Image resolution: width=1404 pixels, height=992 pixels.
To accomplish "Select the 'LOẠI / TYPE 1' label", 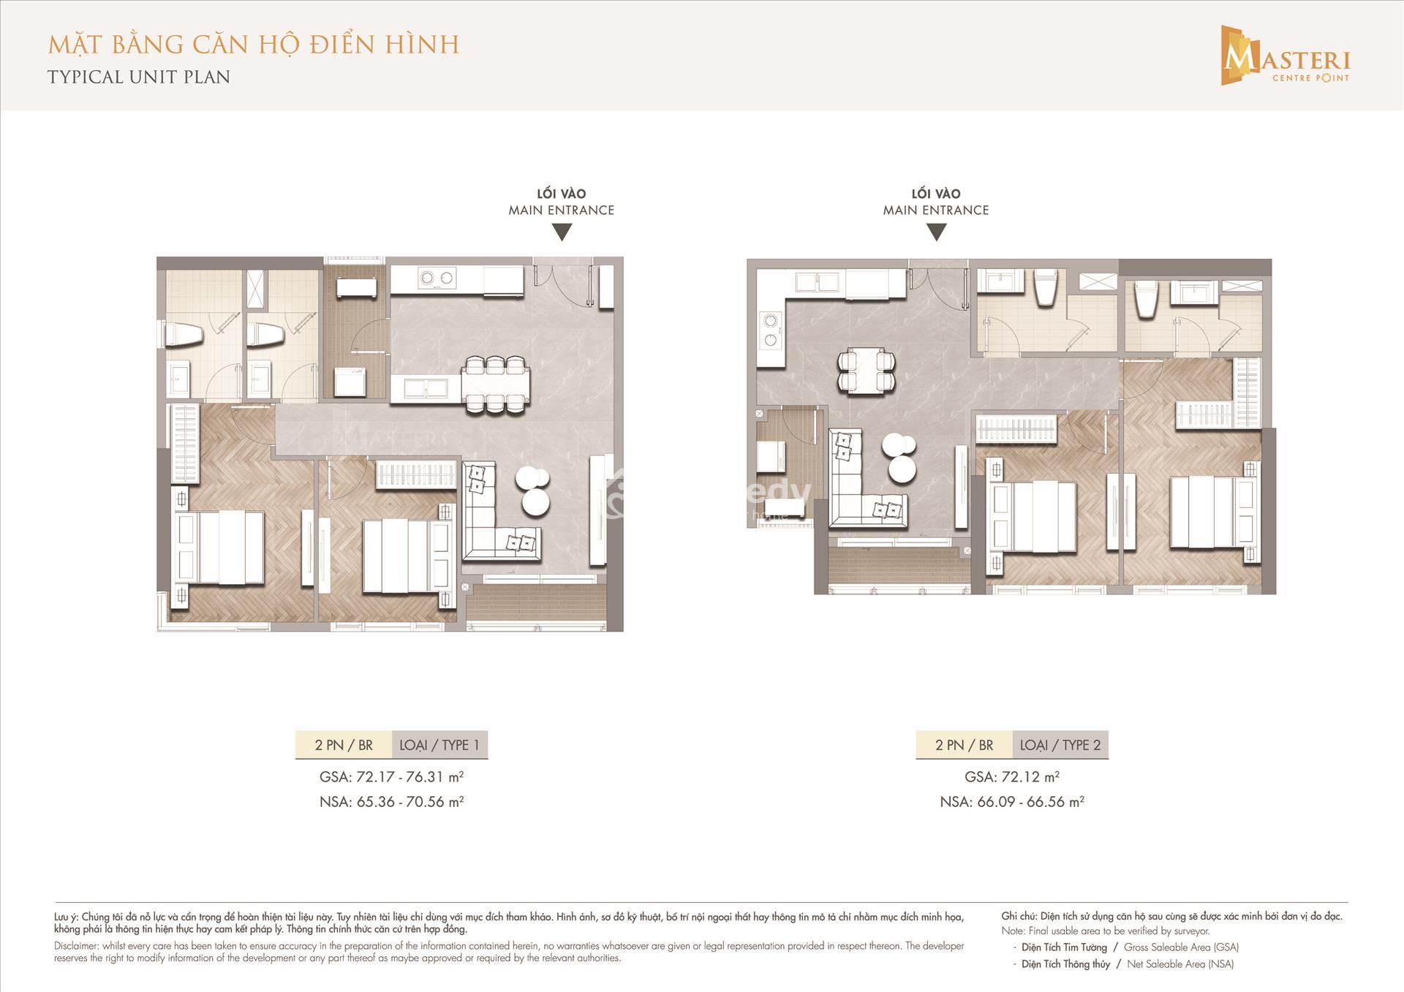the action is tap(439, 745).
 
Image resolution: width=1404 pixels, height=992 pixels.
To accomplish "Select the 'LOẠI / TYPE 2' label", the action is tap(1060, 745).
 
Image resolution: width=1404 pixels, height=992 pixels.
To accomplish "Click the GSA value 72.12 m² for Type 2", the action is tap(1012, 776).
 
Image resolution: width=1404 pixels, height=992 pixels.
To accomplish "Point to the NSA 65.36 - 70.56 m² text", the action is tap(392, 801).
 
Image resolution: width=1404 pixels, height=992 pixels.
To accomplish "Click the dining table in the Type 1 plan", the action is tap(496, 385).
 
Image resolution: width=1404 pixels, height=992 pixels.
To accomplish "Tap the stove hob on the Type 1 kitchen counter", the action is tap(437, 279).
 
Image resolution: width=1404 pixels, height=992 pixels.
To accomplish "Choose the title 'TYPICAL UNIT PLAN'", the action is tap(139, 77).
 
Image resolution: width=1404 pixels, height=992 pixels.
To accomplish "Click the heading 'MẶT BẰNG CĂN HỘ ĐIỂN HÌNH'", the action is tap(254, 45).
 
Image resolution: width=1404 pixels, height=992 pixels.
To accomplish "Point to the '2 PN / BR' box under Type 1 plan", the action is tap(344, 745).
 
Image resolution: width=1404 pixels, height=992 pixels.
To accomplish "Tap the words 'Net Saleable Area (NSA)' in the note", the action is tap(1180, 964).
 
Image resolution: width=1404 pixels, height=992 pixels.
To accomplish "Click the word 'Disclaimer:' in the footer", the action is tap(77, 946).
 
